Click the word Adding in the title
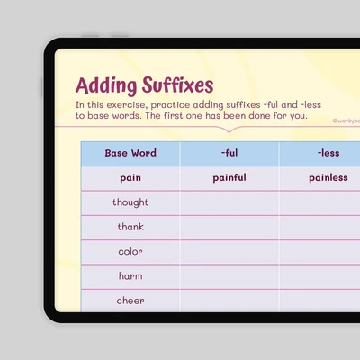(105, 86)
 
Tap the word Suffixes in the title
(177, 85)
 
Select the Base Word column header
(130, 153)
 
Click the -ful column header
(229, 153)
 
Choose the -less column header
(328, 153)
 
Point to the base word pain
(130, 178)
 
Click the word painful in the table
(229, 177)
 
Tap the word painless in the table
(328, 177)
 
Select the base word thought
(130, 202)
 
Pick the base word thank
(130, 227)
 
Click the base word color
(130, 251)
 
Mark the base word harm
(130, 276)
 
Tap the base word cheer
(130, 301)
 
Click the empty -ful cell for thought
(229, 203)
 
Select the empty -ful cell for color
(229, 252)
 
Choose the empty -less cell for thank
(319, 228)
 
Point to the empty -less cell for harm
(319, 277)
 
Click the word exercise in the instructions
(126, 105)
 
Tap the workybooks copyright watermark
(346, 121)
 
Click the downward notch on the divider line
(229, 130)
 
